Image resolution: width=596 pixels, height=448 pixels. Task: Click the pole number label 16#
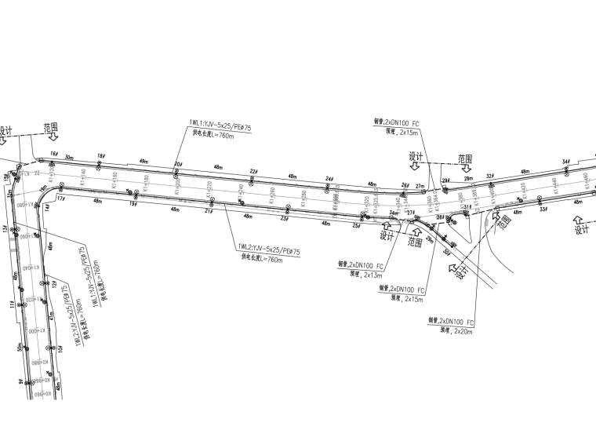pyautogui.click(x=54, y=154)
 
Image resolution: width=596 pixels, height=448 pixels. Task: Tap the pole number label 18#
pyautogui.click(x=100, y=156)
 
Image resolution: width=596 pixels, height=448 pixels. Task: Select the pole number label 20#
pyautogui.click(x=177, y=164)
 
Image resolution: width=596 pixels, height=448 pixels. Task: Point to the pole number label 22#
pyautogui.click(x=253, y=172)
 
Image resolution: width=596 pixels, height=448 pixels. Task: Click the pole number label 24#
pyautogui.click(x=329, y=179)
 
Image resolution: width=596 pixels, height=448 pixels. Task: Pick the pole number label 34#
pyautogui.click(x=565, y=162)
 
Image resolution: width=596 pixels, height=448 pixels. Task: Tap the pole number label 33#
pyautogui.click(x=541, y=209)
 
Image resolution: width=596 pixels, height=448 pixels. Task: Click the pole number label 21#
pyautogui.click(x=209, y=211)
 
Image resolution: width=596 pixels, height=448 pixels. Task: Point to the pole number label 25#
pyautogui.click(x=356, y=226)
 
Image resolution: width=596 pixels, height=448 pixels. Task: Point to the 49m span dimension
pyautogui.click(x=143, y=162)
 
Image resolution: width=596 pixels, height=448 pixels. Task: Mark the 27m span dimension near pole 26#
pyautogui.click(x=420, y=187)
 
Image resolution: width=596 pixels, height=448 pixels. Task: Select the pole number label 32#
pyautogui.click(x=490, y=177)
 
